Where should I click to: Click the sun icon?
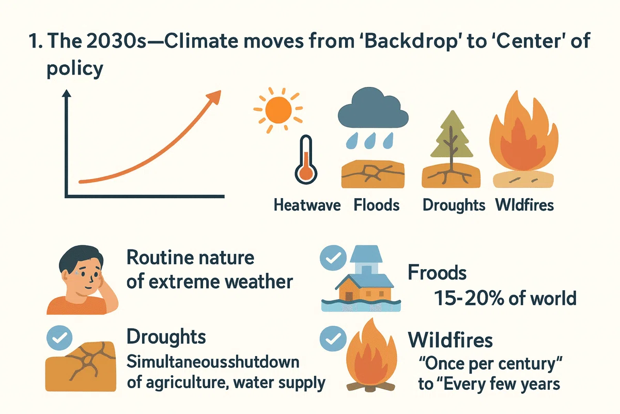278,110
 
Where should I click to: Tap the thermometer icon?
306,160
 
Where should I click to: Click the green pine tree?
452,138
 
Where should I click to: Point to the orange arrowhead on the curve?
214,97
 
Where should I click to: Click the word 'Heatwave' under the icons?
307,205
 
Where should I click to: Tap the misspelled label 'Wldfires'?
524,205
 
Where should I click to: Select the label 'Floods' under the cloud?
377,205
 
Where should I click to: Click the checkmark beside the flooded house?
333,258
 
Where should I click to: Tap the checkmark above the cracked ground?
59,338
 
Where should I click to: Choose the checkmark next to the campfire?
333,338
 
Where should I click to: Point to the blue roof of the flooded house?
365,280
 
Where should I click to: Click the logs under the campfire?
370,387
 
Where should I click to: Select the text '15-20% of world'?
505,299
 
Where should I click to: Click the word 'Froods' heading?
437,273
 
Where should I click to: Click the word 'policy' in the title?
75,68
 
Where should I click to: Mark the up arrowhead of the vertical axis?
67,93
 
